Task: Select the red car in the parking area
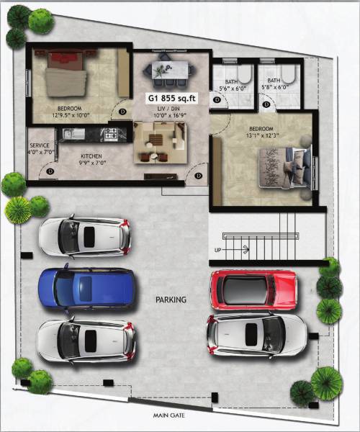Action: (253, 289)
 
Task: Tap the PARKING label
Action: (171, 299)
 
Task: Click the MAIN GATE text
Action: (170, 416)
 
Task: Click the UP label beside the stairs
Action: (218, 250)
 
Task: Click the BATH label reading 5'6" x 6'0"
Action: (230, 85)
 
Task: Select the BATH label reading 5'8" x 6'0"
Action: (274, 85)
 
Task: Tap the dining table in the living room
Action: (171, 70)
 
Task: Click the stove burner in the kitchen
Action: (110, 133)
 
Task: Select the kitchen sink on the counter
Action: (71, 133)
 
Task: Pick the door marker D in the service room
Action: (50, 171)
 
